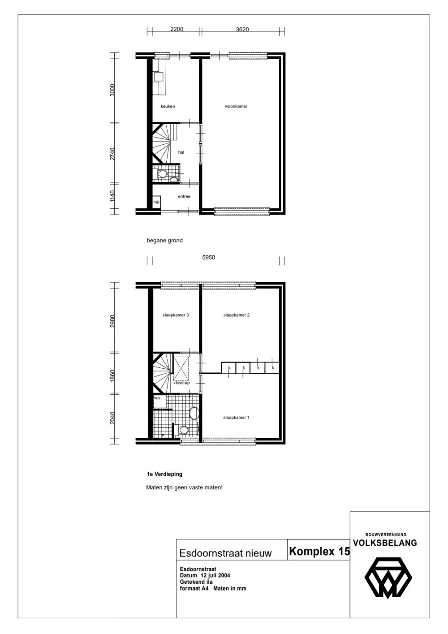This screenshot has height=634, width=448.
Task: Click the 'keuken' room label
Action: click(168, 107)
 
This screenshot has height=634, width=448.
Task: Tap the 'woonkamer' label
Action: click(236, 107)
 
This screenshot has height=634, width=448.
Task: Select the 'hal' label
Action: click(181, 152)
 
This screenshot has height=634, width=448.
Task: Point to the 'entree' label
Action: click(184, 196)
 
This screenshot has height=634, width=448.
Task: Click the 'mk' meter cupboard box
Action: click(156, 202)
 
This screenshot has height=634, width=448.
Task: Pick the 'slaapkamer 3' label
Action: click(176, 315)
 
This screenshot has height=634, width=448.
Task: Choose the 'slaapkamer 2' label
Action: click(236, 315)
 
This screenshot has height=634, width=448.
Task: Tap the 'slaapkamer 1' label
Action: click(236, 418)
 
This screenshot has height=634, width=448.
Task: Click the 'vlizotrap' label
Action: click(181, 383)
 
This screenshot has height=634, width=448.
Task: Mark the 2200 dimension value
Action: click(177, 29)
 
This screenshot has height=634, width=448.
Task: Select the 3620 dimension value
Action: click(242, 29)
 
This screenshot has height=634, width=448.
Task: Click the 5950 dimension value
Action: click(209, 257)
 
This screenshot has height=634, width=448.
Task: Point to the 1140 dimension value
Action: click(112, 196)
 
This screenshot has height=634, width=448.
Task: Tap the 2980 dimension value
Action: click(112, 321)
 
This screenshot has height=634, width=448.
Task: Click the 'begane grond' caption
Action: click(165, 241)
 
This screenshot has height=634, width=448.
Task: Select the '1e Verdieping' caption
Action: click(164, 474)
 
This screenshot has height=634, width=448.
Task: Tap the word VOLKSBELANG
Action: click(385, 543)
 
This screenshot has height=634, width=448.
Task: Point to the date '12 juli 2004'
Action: click(215, 575)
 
